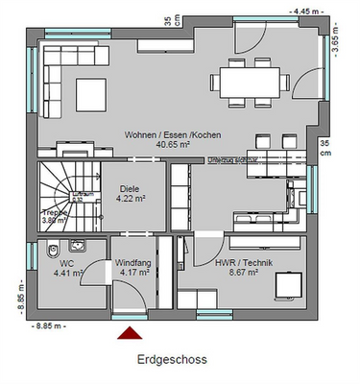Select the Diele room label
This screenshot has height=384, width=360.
(x=130, y=189)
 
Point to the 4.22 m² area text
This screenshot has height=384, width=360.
(x=130, y=200)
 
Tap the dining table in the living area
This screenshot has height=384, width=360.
(x=251, y=79)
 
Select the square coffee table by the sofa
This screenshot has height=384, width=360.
(x=91, y=93)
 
